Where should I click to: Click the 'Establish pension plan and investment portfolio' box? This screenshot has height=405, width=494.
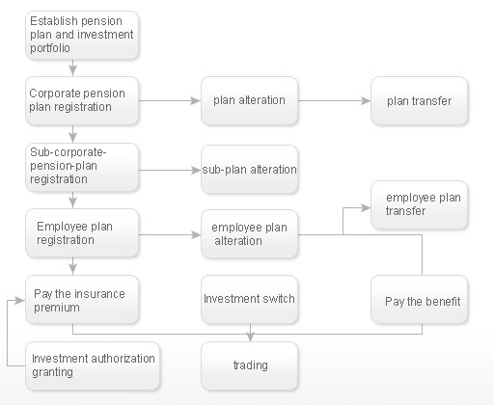(x=82, y=36)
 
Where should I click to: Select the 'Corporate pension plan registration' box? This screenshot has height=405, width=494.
(x=82, y=100)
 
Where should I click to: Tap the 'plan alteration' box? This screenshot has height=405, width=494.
(x=249, y=100)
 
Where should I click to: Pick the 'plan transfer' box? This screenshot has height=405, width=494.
(x=419, y=100)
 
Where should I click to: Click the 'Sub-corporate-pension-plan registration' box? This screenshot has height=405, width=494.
(x=82, y=168)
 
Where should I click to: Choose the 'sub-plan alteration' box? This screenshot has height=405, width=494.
(x=249, y=170)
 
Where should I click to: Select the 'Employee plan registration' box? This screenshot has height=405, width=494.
(x=82, y=233)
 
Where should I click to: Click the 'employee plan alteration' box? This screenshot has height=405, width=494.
(x=249, y=234)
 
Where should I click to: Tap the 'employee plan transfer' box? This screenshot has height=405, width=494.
(x=419, y=205)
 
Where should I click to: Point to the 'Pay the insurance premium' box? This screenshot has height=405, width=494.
(x=82, y=300)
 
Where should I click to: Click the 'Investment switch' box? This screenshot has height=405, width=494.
(x=249, y=300)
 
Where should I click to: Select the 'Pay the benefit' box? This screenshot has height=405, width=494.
(x=419, y=300)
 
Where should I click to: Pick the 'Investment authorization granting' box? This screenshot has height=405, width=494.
(x=93, y=366)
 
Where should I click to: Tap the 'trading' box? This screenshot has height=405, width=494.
(x=249, y=366)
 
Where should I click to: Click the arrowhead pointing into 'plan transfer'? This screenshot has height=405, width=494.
(x=366, y=101)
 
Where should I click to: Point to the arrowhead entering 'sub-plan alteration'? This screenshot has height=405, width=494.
(x=196, y=170)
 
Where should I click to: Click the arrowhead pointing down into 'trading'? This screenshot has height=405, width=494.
(x=250, y=337)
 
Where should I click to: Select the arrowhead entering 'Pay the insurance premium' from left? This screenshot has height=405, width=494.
(x=20, y=300)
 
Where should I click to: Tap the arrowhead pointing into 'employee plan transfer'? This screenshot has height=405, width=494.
(x=366, y=208)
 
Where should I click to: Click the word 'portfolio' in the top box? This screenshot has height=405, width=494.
(x=50, y=48)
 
